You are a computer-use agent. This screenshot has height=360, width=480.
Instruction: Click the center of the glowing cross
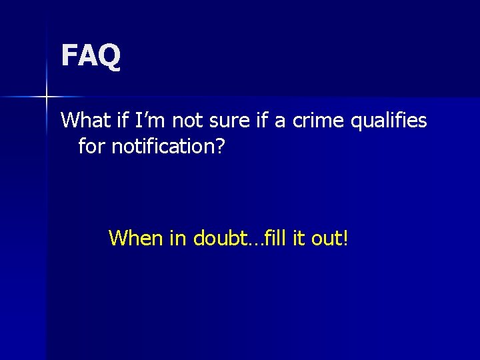pos(47,97)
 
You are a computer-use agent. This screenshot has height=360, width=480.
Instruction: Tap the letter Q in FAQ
pos(110,55)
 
